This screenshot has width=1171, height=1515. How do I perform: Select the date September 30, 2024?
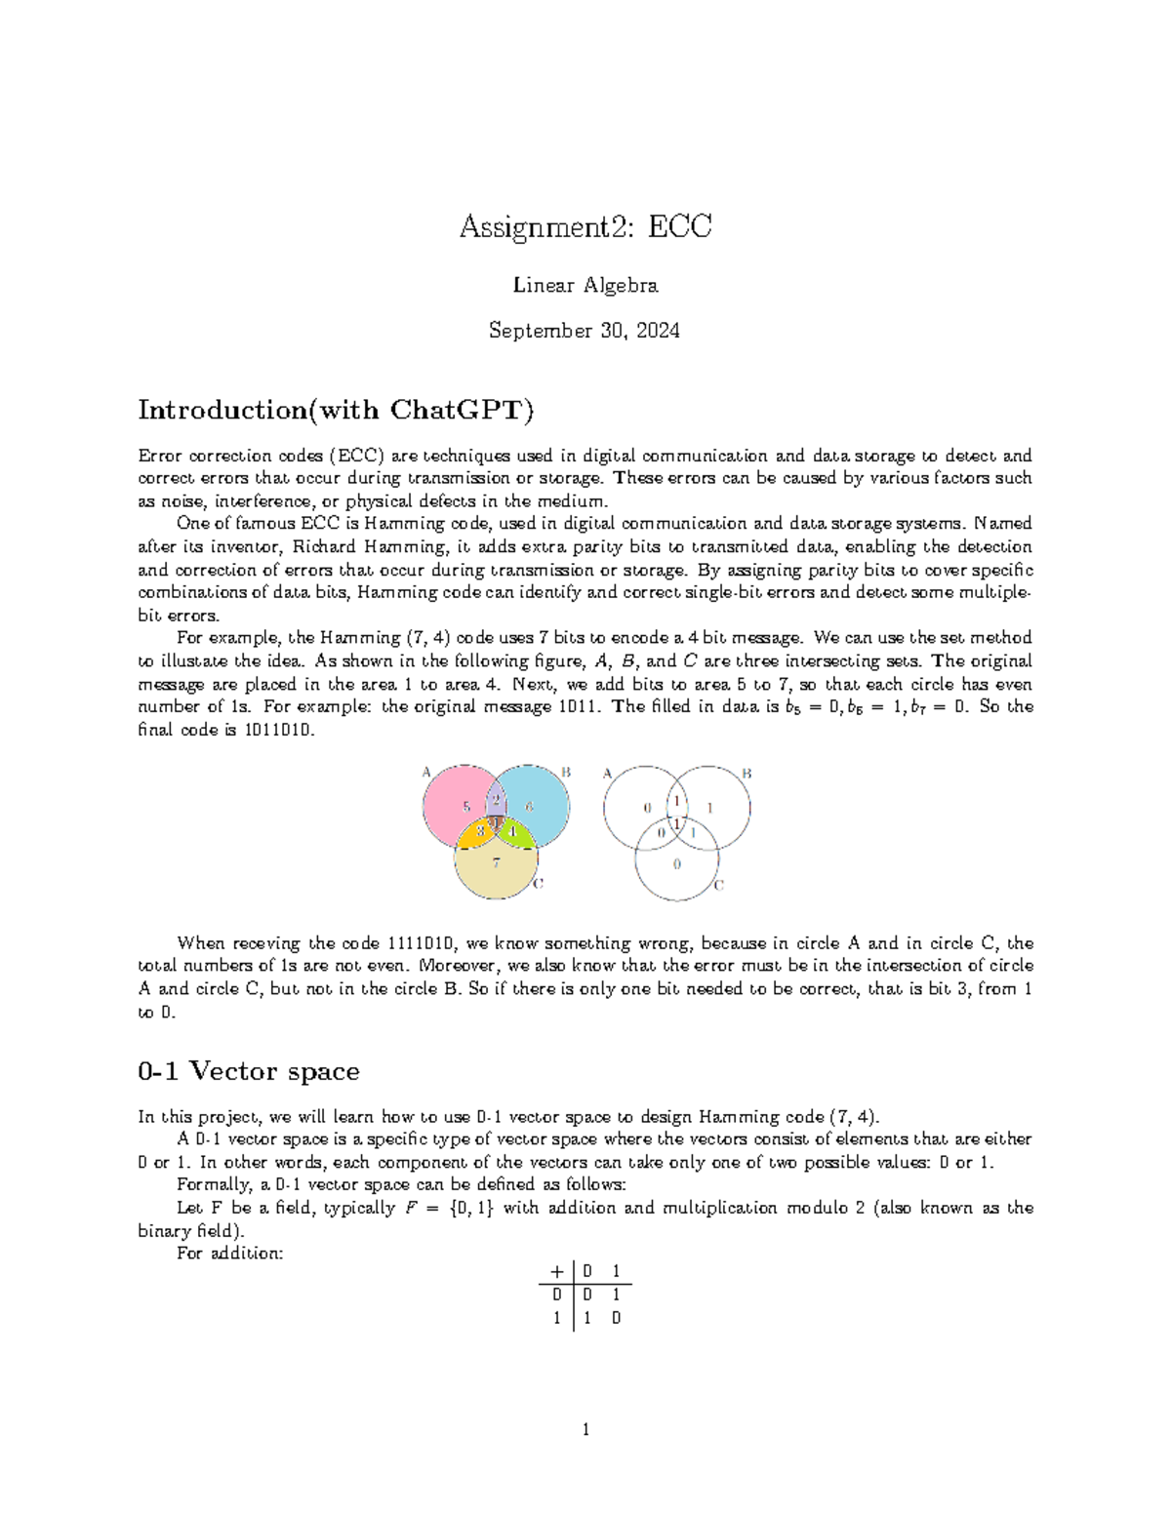click(584, 331)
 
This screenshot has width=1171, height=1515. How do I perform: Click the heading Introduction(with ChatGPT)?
click(336, 410)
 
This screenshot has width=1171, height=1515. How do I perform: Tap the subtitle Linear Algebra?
click(585, 285)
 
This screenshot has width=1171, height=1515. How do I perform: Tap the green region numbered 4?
click(514, 831)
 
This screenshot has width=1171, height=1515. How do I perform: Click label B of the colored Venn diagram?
click(564, 773)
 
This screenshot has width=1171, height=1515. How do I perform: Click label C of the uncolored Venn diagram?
click(718, 885)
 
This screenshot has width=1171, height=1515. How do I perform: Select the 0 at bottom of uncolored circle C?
click(677, 864)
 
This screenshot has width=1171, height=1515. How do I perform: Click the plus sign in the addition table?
click(556, 1271)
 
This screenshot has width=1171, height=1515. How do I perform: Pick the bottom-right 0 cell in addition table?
click(616, 1318)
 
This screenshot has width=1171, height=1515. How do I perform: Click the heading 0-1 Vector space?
click(249, 1071)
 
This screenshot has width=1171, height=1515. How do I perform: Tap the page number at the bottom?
click(585, 1430)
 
